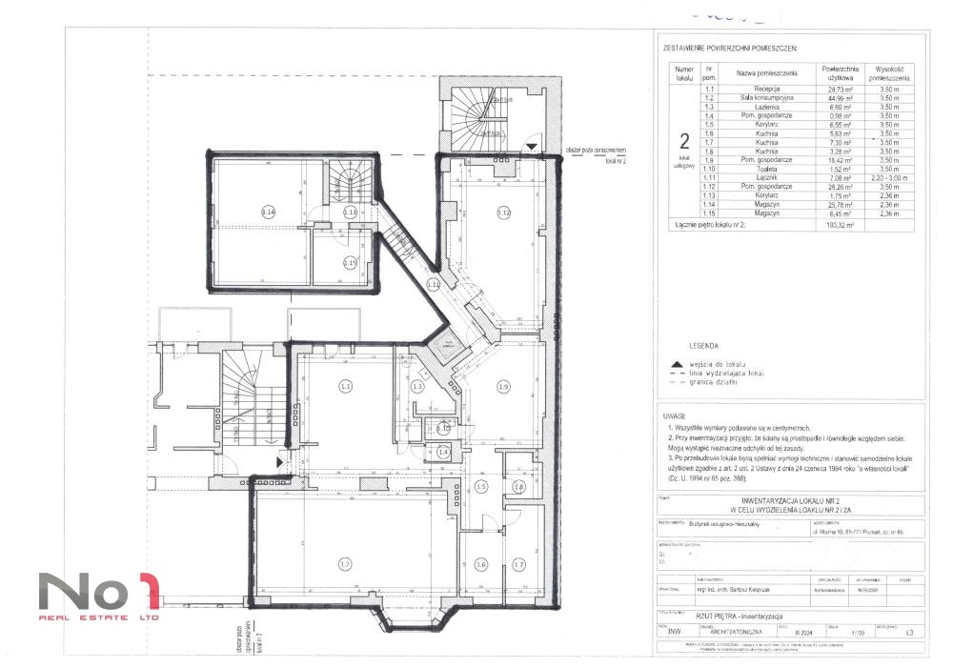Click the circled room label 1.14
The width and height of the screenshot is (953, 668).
tap(268, 211)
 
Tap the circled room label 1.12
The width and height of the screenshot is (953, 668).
tap(503, 212)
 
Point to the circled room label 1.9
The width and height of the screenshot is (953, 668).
tap(503, 386)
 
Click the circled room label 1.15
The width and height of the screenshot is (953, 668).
tap(350, 263)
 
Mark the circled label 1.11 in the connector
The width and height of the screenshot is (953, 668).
tap(433, 284)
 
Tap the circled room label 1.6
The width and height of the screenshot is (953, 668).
tap(481, 564)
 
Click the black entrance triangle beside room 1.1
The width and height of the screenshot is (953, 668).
tap(279, 462)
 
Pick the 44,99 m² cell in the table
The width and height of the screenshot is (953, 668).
tap(839, 97)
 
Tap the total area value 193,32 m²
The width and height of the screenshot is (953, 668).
tap(839, 226)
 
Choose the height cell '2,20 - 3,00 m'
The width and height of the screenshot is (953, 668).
tap(893, 178)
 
